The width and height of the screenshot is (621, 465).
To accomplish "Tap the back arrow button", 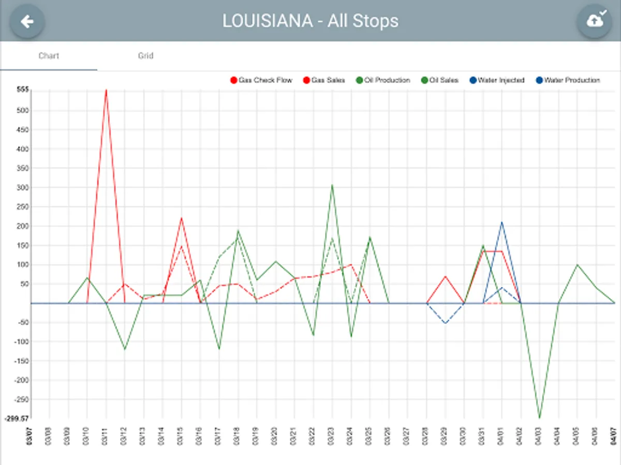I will click(x=27, y=21).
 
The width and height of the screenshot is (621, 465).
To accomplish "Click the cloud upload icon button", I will click(x=594, y=21).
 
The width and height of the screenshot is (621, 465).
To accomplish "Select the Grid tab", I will click(x=145, y=56).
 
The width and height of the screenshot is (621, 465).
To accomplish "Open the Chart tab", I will click(x=49, y=56).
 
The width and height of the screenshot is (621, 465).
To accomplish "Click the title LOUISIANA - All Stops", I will click(x=310, y=21).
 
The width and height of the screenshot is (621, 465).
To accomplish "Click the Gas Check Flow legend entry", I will click(x=261, y=80).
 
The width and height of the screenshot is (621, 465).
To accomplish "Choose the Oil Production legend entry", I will click(x=383, y=80).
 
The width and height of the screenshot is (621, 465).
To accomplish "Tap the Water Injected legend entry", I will click(x=496, y=80).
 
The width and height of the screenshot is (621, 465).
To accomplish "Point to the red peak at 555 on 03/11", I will click(x=106, y=90).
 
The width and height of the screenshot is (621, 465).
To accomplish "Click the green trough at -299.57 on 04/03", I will click(x=539, y=418).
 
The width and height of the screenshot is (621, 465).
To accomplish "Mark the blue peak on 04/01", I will click(x=501, y=222).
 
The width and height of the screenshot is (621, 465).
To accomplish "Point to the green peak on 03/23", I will click(x=332, y=184).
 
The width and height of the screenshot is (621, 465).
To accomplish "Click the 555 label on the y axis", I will click(x=22, y=90).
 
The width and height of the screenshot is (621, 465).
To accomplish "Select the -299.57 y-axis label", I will click(x=17, y=419).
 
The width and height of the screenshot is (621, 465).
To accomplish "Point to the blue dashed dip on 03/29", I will click(x=445, y=323).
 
